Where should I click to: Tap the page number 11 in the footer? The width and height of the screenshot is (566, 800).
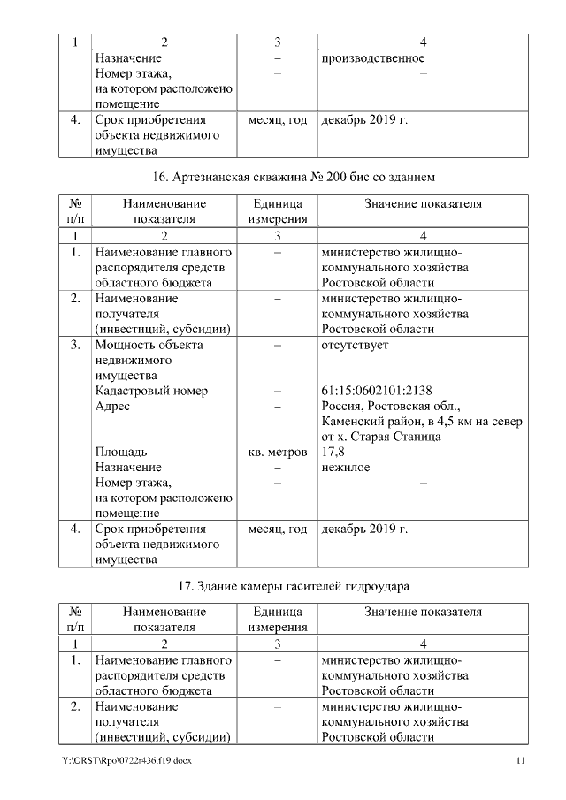click(x=521, y=762)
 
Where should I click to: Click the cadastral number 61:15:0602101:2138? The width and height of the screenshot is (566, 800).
click(x=377, y=392)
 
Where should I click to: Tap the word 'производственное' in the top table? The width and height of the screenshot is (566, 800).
click(x=372, y=58)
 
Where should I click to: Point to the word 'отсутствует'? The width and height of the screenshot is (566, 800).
click(x=355, y=345)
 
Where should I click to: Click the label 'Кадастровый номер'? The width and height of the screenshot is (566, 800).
click(x=151, y=392)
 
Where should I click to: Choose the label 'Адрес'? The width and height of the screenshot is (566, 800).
click(x=112, y=407)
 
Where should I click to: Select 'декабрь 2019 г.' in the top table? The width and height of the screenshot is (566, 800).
click(x=364, y=119)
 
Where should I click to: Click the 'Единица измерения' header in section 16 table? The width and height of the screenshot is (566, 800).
click(x=278, y=211)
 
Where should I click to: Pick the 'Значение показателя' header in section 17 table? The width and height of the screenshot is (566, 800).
click(x=423, y=612)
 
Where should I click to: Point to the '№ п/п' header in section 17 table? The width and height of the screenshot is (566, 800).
click(x=75, y=620)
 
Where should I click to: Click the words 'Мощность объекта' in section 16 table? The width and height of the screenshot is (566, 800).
click(x=149, y=345)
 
